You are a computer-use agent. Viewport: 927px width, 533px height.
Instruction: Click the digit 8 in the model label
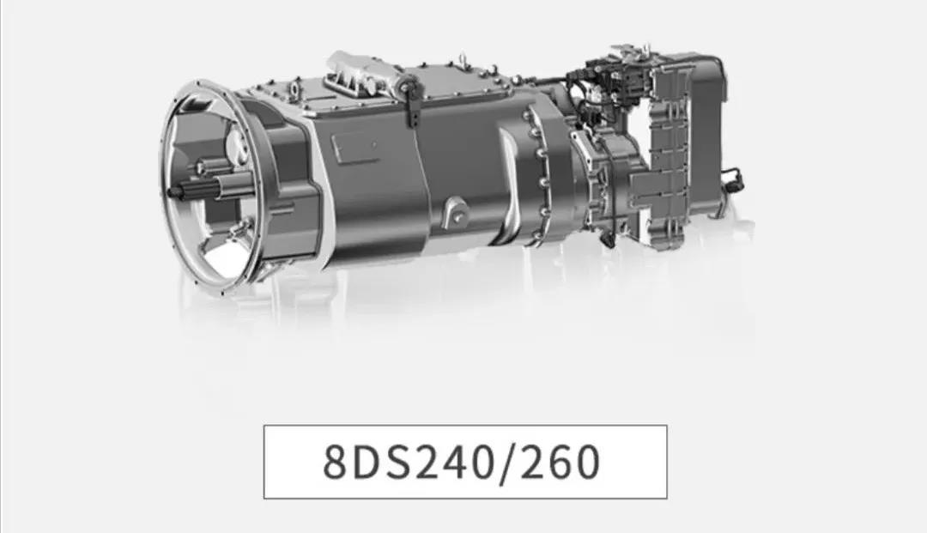(336, 462)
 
